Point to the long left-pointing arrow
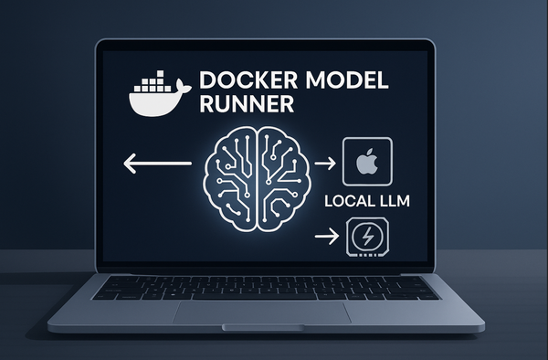[x=155, y=164]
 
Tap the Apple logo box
[x=365, y=164]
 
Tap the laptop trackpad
[x=262, y=312]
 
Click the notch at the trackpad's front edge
[x=263, y=326]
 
